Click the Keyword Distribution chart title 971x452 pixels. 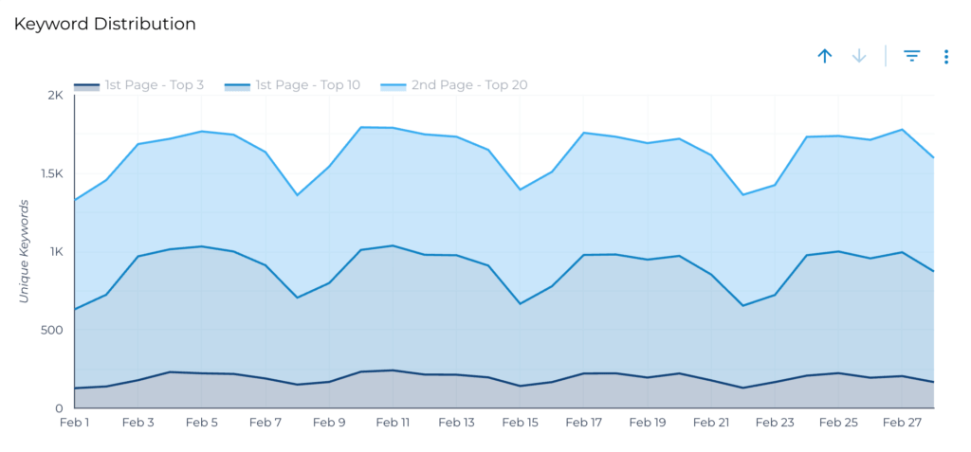[x=104, y=24]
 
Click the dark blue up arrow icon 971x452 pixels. [x=825, y=56]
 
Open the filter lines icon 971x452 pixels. [x=912, y=56]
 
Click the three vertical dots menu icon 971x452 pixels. [x=946, y=57]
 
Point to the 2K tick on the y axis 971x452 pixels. [x=54, y=95]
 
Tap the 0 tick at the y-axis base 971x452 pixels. [x=59, y=408]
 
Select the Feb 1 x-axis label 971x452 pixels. [x=74, y=423]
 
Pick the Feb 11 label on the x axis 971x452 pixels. [x=393, y=423]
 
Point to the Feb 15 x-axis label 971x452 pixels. [x=520, y=423]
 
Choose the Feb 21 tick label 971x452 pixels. [x=711, y=423]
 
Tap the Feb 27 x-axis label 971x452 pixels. [x=902, y=423]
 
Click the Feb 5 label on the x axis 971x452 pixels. [x=202, y=423]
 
